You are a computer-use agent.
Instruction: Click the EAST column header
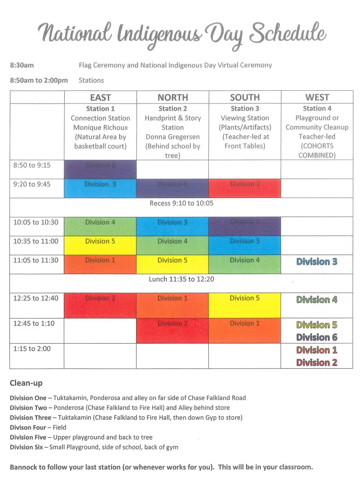[x=100, y=97]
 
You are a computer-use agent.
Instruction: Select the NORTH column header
[x=172, y=97]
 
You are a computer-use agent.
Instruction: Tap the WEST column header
[x=317, y=97]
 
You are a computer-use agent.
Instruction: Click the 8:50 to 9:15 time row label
[x=32, y=165]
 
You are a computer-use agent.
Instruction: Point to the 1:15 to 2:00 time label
[x=32, y=349]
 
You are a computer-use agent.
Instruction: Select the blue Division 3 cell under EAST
[x=100, y=184]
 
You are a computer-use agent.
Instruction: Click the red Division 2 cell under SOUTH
[x=245, y=184]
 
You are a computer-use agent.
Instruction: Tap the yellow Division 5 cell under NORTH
[x=172, y=260]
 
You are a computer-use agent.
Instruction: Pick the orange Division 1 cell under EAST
[x=100, y=260]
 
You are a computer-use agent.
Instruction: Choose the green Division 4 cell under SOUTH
[x=245, y=260]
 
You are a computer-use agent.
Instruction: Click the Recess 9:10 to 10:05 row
[x=181, y=203]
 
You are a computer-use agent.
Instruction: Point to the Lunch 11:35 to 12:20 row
[x=181, y=279]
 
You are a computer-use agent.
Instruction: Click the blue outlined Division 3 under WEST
[x=317, y=262]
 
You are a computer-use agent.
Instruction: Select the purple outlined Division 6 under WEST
[x=317, y=337]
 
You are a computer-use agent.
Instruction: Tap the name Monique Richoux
[x=100, y=128]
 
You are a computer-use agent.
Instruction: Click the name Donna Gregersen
[x=172, y=137]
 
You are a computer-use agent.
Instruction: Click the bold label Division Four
[x=28, y=427]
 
